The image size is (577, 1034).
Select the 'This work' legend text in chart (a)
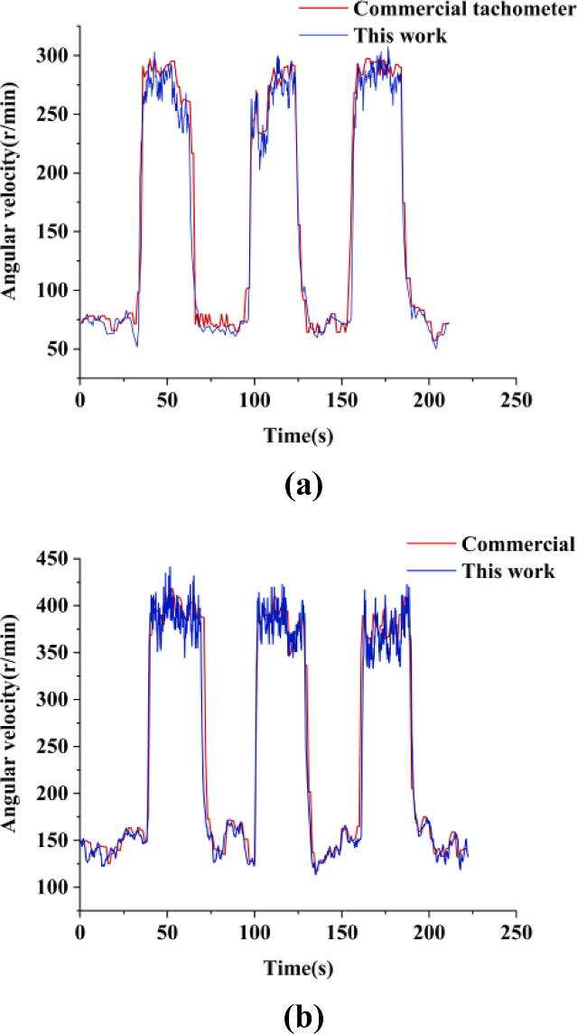click(x=401, y=36)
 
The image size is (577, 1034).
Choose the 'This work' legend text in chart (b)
click(x=508, y=571)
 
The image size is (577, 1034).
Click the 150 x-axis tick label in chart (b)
click(x=341, y=931)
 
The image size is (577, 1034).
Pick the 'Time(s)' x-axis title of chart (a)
click(x=298, y=435)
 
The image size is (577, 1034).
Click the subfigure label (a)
click(x=302, y=488)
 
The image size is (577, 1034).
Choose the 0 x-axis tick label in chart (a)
click(x=79, y=398)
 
